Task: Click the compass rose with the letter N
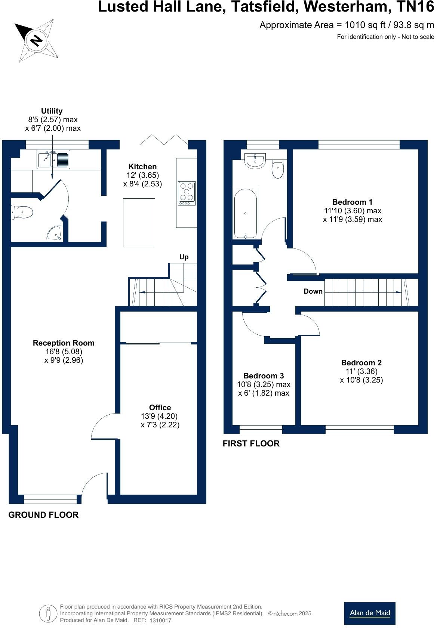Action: coord(36,40)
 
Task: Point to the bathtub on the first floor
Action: coord(246,213)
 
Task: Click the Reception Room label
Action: coord(64,343)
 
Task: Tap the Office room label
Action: coord(160,408)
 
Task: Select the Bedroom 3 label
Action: coord(264,376)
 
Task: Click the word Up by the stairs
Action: coord(184,257)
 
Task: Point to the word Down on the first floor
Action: coord(313,291)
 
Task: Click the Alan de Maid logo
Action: coord(370,613)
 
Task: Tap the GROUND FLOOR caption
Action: coord(43,515)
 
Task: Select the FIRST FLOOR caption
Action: coord(251,443)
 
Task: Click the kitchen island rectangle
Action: coord(139,223)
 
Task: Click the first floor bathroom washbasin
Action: coord(255,160)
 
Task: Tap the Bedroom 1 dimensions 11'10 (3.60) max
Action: coord(353,211)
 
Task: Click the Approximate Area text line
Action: coord(347,25)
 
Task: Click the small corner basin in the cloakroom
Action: coord(55,234)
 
